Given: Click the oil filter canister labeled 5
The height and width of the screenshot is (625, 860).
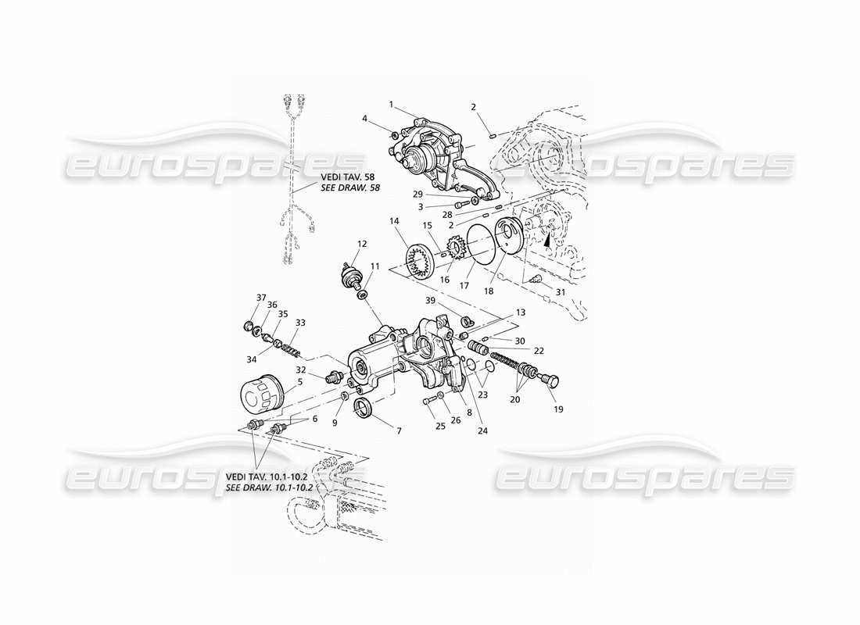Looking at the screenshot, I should (258, 395).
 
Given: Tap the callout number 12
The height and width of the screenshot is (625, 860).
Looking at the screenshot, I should (362, 244).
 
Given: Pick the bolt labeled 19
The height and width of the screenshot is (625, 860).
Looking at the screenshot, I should (549, 380).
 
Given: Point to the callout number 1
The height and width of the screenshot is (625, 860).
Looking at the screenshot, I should (392, 103).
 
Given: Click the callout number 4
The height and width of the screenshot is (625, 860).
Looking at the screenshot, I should (364, 118).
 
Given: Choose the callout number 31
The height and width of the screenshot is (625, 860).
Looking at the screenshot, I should (560, 293).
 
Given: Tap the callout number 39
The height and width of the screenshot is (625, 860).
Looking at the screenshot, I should (430, 301).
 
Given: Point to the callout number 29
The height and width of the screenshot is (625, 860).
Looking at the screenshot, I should (418, 193).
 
